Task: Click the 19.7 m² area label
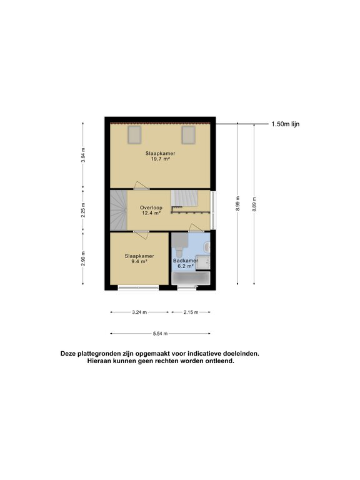point(161,159)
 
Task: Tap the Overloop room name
point(151,207)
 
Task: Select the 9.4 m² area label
point(139,262)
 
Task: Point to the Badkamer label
point(186,261)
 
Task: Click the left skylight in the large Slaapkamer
point(134,135)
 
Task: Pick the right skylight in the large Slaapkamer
point(188,135)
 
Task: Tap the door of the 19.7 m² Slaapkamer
point(141,186)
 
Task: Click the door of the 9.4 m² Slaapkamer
point(141,235)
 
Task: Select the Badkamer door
point(196,227)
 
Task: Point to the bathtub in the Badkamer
point(191,278)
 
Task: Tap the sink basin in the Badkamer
point(207,247)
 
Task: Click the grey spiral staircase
point(119,210)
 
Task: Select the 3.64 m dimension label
point(83,155)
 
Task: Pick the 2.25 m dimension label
point(83,210)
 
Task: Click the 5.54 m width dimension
point(161,334)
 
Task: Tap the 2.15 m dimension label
point(191,312)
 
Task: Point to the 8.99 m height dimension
point(238,204)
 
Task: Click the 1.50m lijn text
point(285,124)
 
